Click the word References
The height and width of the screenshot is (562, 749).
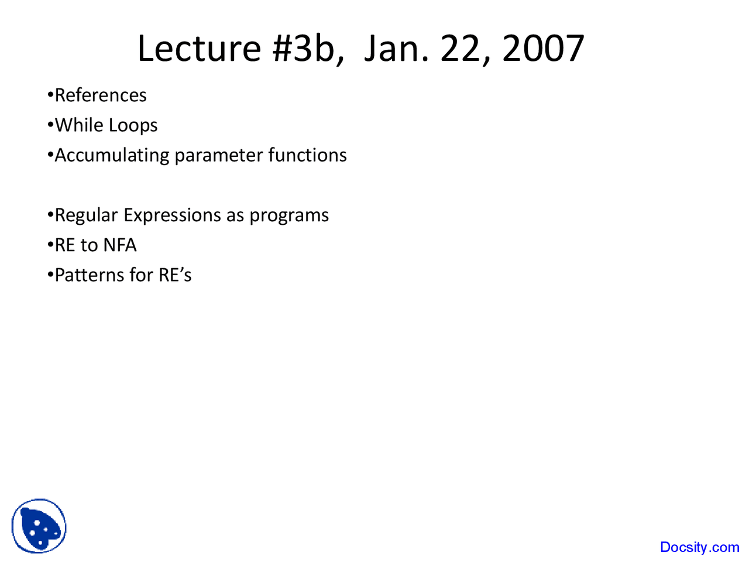tap(100, 95)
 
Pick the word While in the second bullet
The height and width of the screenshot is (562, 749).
tap(79, 125)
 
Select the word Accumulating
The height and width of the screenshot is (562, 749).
tap(112, 156)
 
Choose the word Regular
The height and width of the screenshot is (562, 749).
tap(86, 215)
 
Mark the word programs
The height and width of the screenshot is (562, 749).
tap(289, 216)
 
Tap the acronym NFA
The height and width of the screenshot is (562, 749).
tap(120, 245)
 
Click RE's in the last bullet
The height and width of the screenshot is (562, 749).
tap(175, 275)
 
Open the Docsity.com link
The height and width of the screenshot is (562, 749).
tap(699, 547)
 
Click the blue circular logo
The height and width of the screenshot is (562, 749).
tap(39, 526)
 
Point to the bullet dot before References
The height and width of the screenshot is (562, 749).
tap(50, 95)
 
